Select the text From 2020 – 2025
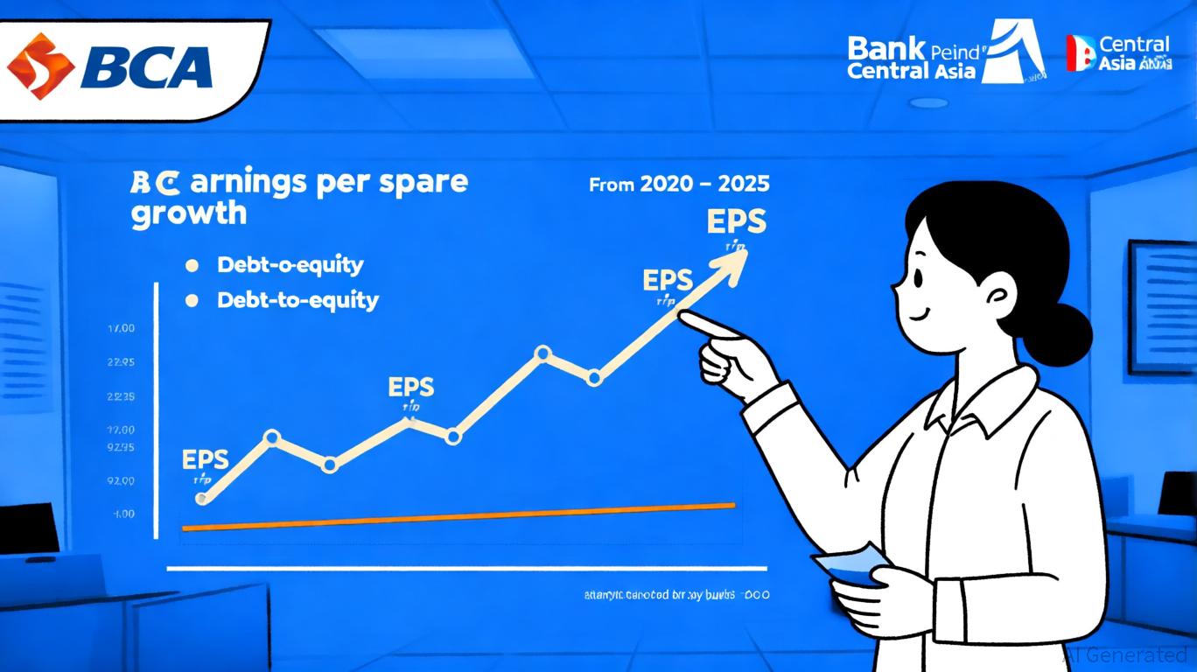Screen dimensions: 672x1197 (679, 185)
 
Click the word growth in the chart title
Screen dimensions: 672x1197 (189, 213)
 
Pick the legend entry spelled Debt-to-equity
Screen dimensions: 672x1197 (297, 300)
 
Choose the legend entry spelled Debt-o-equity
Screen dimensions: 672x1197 (290, 263)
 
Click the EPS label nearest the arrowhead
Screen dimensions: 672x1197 (736, 221)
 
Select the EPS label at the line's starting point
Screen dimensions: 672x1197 (206, 458)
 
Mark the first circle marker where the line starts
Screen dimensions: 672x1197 (203, 499)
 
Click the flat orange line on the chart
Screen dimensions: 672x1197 (455, 517)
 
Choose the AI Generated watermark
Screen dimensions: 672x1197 (1124, 654)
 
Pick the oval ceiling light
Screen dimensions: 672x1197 (928, 102)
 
